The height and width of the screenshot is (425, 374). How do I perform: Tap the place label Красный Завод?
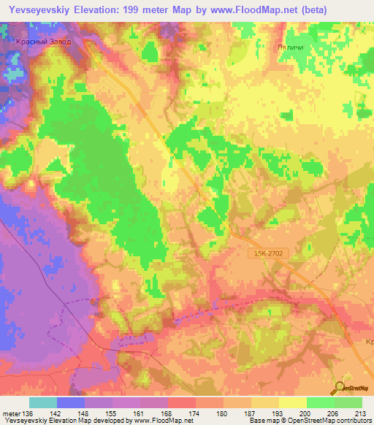pyautogui.click(x=44, y=42)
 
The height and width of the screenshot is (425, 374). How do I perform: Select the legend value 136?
pyautogui.click(x=28, y=413)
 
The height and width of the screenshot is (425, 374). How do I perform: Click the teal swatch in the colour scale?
pyautogui.click(x=43, y=402)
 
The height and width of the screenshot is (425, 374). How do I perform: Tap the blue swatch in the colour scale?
pyautogui.click(x=71, y=402)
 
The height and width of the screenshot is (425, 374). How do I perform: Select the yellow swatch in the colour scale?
pyautogui.click(x=292, y=402)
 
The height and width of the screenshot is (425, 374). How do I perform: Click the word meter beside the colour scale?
pyautogui.click(x=11, y=413)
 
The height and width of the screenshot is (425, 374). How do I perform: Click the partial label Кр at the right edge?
pyautogui.click(x=367, y=342)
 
